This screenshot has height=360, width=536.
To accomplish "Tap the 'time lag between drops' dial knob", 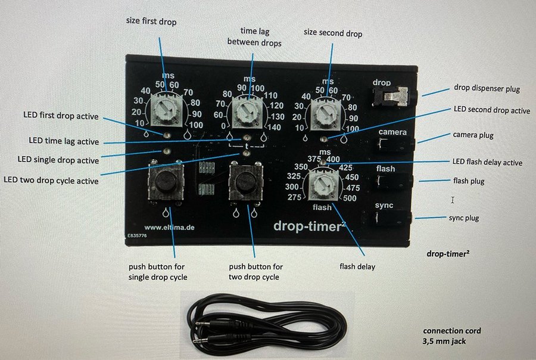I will click(245, 111).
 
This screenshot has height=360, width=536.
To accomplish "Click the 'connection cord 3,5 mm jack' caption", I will click(451, 336).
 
